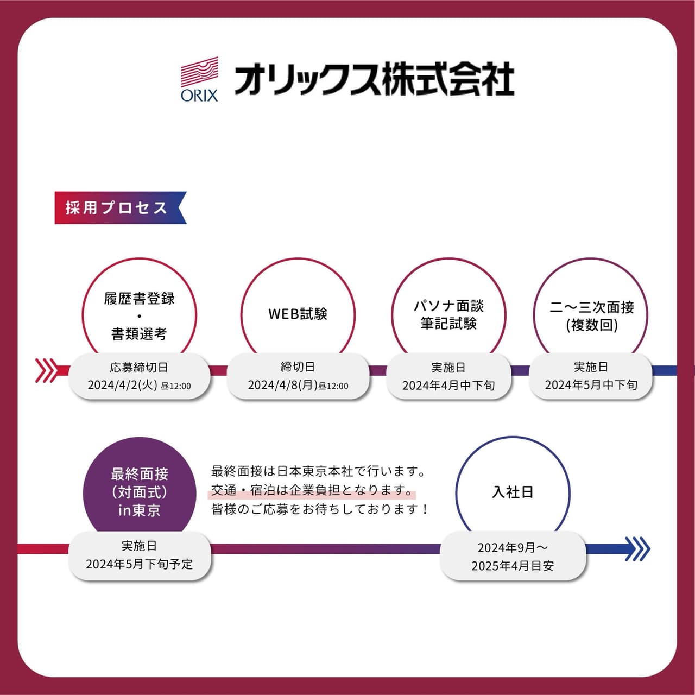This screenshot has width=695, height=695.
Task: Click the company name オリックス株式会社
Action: [x=374, y=78]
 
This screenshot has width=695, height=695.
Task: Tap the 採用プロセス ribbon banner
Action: [x=121, y=208]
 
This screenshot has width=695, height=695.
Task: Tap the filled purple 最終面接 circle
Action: [x=140, y=492]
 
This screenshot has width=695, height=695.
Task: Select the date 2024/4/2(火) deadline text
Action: [x=122, y=385]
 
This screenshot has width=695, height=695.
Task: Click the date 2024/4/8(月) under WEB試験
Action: [x=282, y=385]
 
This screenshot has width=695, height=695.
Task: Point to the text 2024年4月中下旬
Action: [x=448, y=386]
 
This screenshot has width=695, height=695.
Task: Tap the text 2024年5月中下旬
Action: [x=591, y=385]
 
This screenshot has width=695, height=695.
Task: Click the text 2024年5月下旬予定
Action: [x=139, y=564]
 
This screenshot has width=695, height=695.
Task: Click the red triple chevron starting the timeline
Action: [x=46, y=370]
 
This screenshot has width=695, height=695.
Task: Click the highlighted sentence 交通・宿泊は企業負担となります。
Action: [x=312, y=490]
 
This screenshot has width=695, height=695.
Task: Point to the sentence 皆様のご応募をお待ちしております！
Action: [x=320, y=509]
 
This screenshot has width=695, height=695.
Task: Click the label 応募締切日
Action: [x=139, y=368]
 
